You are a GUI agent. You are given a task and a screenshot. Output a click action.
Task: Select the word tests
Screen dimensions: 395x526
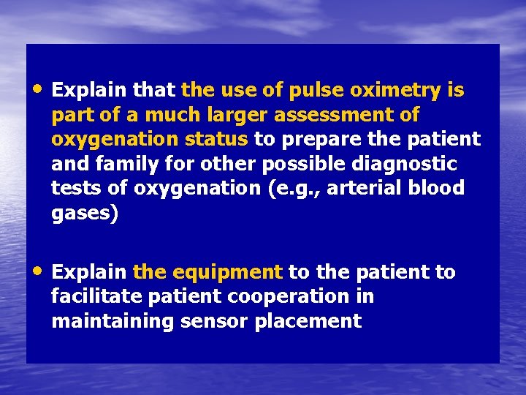[x=77, y=187]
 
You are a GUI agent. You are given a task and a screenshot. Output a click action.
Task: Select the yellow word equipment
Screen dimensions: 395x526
[x=227, y=273]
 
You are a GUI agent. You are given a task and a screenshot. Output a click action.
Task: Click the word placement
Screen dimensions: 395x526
[x=308, y=320]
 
